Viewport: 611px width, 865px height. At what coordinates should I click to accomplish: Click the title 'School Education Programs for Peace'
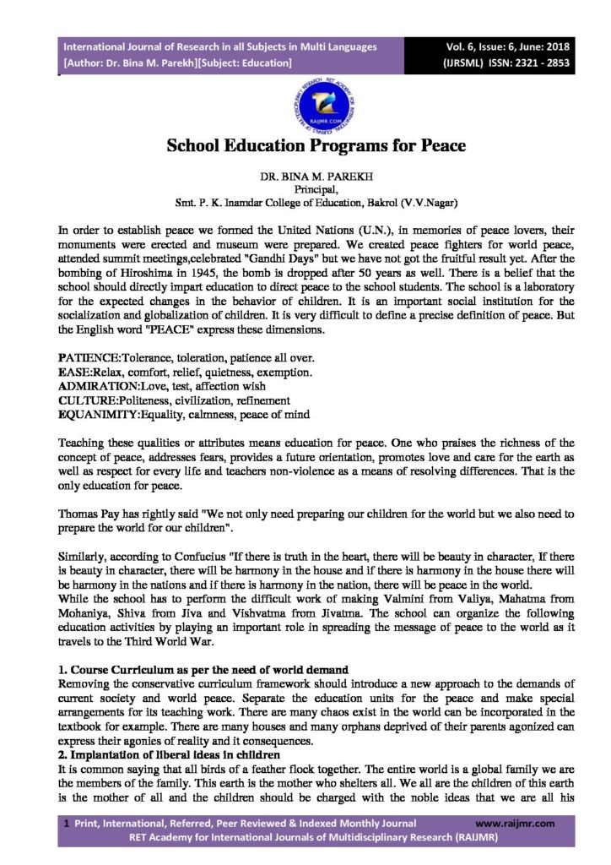click(305, 144)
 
